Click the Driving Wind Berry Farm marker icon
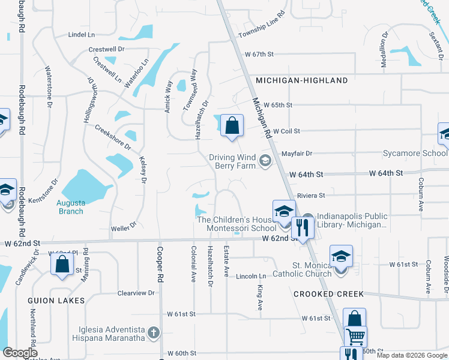tap(265, 160)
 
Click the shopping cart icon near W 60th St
tap(356, 336)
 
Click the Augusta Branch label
tap(70, 207)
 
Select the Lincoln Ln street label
tap(250, 276)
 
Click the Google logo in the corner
tap(20, 353)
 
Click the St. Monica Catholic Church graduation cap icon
tap(341, 256)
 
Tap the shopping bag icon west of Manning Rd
tap(62, 264)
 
